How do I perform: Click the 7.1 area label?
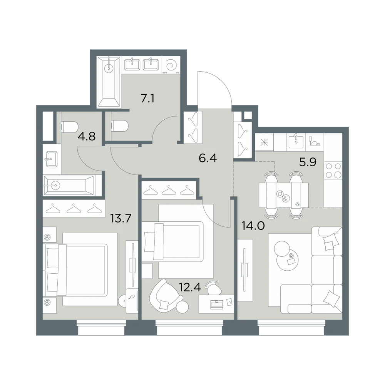[x=147, y=99]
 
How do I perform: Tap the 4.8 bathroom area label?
[x=86, y=136]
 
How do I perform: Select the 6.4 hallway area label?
[x=208, y=158]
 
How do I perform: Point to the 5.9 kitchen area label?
[x=308, y=162]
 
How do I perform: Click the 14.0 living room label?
[x=253, y=225]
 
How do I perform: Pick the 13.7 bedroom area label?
[x=121, y=218]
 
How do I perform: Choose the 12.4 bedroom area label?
[x=190, y=287]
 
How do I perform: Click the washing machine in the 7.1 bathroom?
[x=171, y=65]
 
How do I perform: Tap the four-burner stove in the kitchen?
[x=333, y=171]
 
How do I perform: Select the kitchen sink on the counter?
[x=296, y=142]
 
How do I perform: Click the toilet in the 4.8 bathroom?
[x=69, y=127]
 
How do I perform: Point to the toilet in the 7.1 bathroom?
[x=120, y=127]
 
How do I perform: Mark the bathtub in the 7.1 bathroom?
[x=109, y=82]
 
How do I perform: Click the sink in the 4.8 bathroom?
[x=52, y=159]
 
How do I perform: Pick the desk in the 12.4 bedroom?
[x=216, y=304]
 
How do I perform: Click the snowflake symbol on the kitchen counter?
[x=264, y=142]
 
